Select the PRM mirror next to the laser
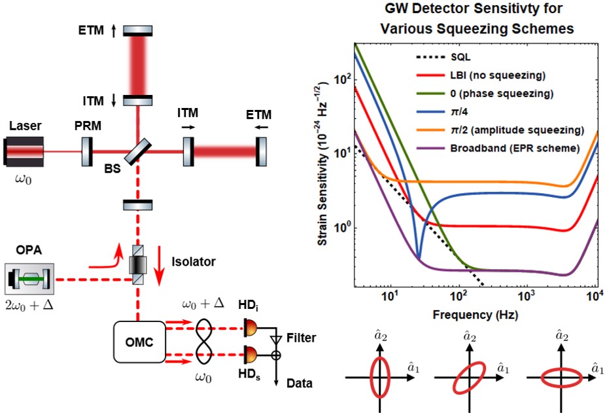pyautogui.click(x=85, y=151)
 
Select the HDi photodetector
pyautogui.click(x=251, y=325)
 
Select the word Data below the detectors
pyautogui.click(x=300, y=384)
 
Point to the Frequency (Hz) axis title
pyautogui.click(x=474, y=315)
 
